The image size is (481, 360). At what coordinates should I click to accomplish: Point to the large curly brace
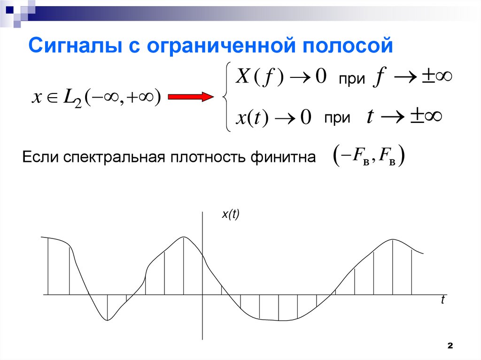click(225, 97)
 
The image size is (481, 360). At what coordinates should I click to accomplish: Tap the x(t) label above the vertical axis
click(230, 214)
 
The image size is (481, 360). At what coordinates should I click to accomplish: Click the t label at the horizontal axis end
click(442, 301)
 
